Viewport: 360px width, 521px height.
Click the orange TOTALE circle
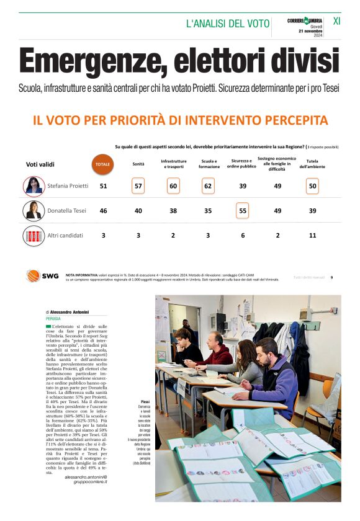coord(103,164)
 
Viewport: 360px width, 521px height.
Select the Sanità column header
coord(139,164)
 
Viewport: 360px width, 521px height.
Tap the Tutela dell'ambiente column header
coord(312,164)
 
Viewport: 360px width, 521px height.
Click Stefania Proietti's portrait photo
coord(34,185)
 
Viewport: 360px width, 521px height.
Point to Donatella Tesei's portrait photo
coord(34,210)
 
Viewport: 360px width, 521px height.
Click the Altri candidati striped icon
coord(34,236)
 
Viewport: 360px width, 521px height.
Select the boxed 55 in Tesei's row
coord(242,211)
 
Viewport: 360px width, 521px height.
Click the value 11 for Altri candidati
coord(312,236)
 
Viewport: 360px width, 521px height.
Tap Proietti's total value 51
coord(103,186)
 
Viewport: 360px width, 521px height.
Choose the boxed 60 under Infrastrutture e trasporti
coord(173,185)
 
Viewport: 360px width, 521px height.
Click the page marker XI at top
coord(336,21)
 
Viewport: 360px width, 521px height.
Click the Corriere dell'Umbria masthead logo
coord(305,21)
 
